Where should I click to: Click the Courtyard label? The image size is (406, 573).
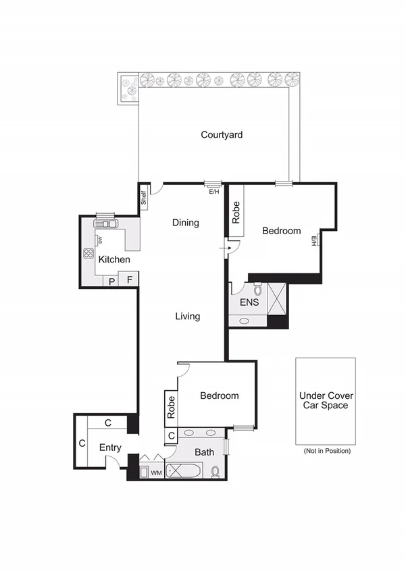point(222,135)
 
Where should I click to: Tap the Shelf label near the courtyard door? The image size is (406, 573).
point(144,198)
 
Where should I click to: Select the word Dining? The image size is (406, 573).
point(185,223)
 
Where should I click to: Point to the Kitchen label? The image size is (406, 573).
point(114,259)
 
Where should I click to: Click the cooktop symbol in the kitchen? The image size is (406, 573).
point(88,254)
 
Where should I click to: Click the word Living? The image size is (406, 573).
point(187,316)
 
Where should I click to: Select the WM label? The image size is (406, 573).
point(155,472)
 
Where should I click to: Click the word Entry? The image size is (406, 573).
point(110,447)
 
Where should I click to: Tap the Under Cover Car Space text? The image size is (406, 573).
point(326,400)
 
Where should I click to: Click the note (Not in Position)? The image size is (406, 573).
point(327,451)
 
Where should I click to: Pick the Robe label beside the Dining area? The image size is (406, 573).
point(236,213)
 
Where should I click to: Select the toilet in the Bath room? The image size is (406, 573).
point(215,470)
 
